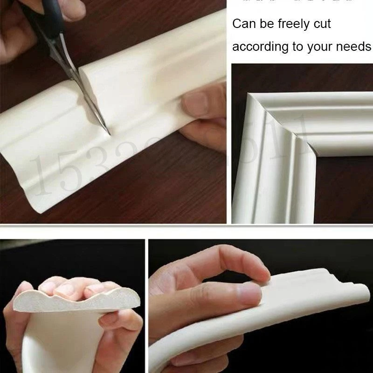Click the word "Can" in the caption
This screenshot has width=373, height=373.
[x=244, y=24]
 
